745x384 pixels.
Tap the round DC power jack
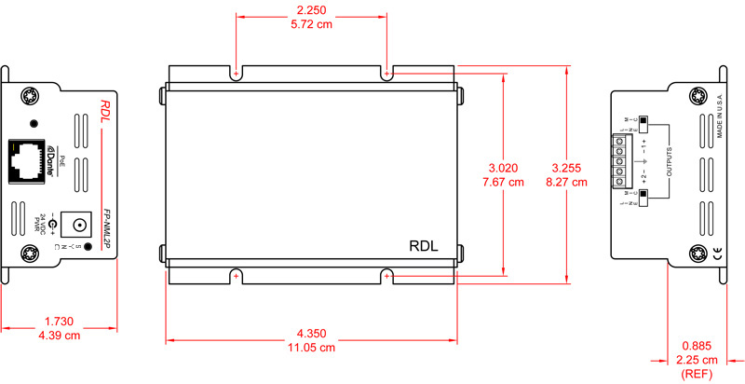pos(81,224)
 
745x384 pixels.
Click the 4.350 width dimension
pos(311,333)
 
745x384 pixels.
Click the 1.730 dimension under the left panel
pos(60,322)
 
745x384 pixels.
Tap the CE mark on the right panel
pos(716,253)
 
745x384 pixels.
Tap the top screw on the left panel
pos(30,94)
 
